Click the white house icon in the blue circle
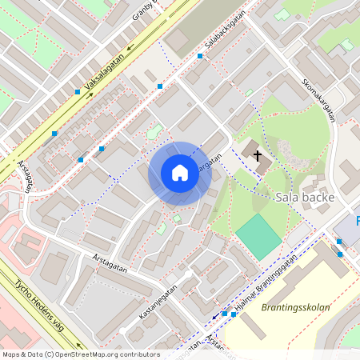[x=180, y=173]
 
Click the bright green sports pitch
[x=258, y=235]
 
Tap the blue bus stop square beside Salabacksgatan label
[x=200, y=56]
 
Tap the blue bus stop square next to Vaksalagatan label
[x=77, y=92]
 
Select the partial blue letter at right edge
[x=357, y=220]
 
